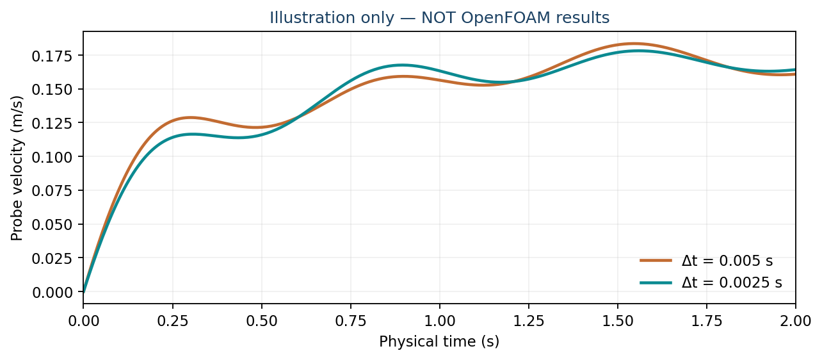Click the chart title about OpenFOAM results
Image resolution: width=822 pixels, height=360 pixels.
[440, 18]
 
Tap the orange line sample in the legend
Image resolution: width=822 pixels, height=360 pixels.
[656, 261]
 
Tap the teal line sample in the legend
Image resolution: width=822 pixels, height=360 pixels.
[656, 282]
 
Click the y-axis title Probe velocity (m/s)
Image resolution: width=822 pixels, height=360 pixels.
[17, 168]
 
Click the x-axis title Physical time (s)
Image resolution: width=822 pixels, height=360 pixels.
[439, 341]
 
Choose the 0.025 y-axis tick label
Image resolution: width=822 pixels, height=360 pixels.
[52, 259]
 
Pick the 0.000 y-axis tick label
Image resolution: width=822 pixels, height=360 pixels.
[52, 292]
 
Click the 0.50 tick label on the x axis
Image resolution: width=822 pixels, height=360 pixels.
[262, 322]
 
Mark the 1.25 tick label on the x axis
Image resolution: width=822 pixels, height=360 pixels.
[529, 322]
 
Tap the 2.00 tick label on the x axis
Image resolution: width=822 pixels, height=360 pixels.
[796, 322]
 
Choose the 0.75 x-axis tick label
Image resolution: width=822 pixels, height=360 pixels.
[351, 322]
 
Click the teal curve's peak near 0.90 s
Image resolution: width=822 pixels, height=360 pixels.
[402, 65]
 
